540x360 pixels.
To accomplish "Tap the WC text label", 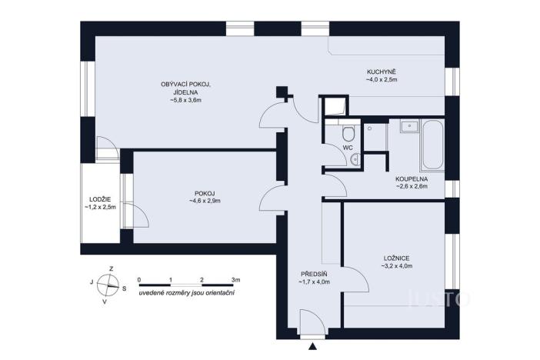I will pos(348,146).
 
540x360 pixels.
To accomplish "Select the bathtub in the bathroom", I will pos(431,145).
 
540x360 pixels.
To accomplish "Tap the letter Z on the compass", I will pos(112,268).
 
